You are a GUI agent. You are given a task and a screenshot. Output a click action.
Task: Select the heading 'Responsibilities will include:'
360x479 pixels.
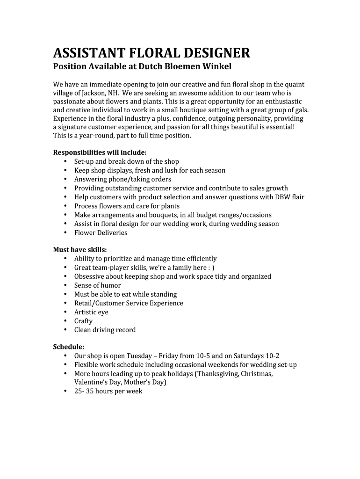click(x=100, y=152)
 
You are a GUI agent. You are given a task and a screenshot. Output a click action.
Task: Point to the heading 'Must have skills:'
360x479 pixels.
click(x=80, y=250)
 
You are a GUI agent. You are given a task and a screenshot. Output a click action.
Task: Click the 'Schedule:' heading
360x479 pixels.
click(x=69, y=347)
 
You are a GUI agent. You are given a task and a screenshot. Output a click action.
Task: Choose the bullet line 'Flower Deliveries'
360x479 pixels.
click(x=101, y=232)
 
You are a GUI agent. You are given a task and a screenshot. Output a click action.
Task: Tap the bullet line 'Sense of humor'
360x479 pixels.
click(x=97, y=285)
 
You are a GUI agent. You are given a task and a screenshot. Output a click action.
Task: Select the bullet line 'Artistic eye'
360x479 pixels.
click(x=91, y=312)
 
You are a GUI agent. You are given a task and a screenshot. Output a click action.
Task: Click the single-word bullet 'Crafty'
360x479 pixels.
click(x=83, y=321)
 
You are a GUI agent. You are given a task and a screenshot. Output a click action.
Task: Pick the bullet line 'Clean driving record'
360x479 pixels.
click(x=105, y=330)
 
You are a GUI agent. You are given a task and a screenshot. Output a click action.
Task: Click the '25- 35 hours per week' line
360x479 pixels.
click(x=108, y=391)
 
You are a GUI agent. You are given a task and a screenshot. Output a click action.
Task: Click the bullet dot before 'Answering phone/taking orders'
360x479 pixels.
click(x=65, y=179)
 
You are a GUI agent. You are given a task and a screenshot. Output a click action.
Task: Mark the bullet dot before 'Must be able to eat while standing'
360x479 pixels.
click(x=65, y=294)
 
